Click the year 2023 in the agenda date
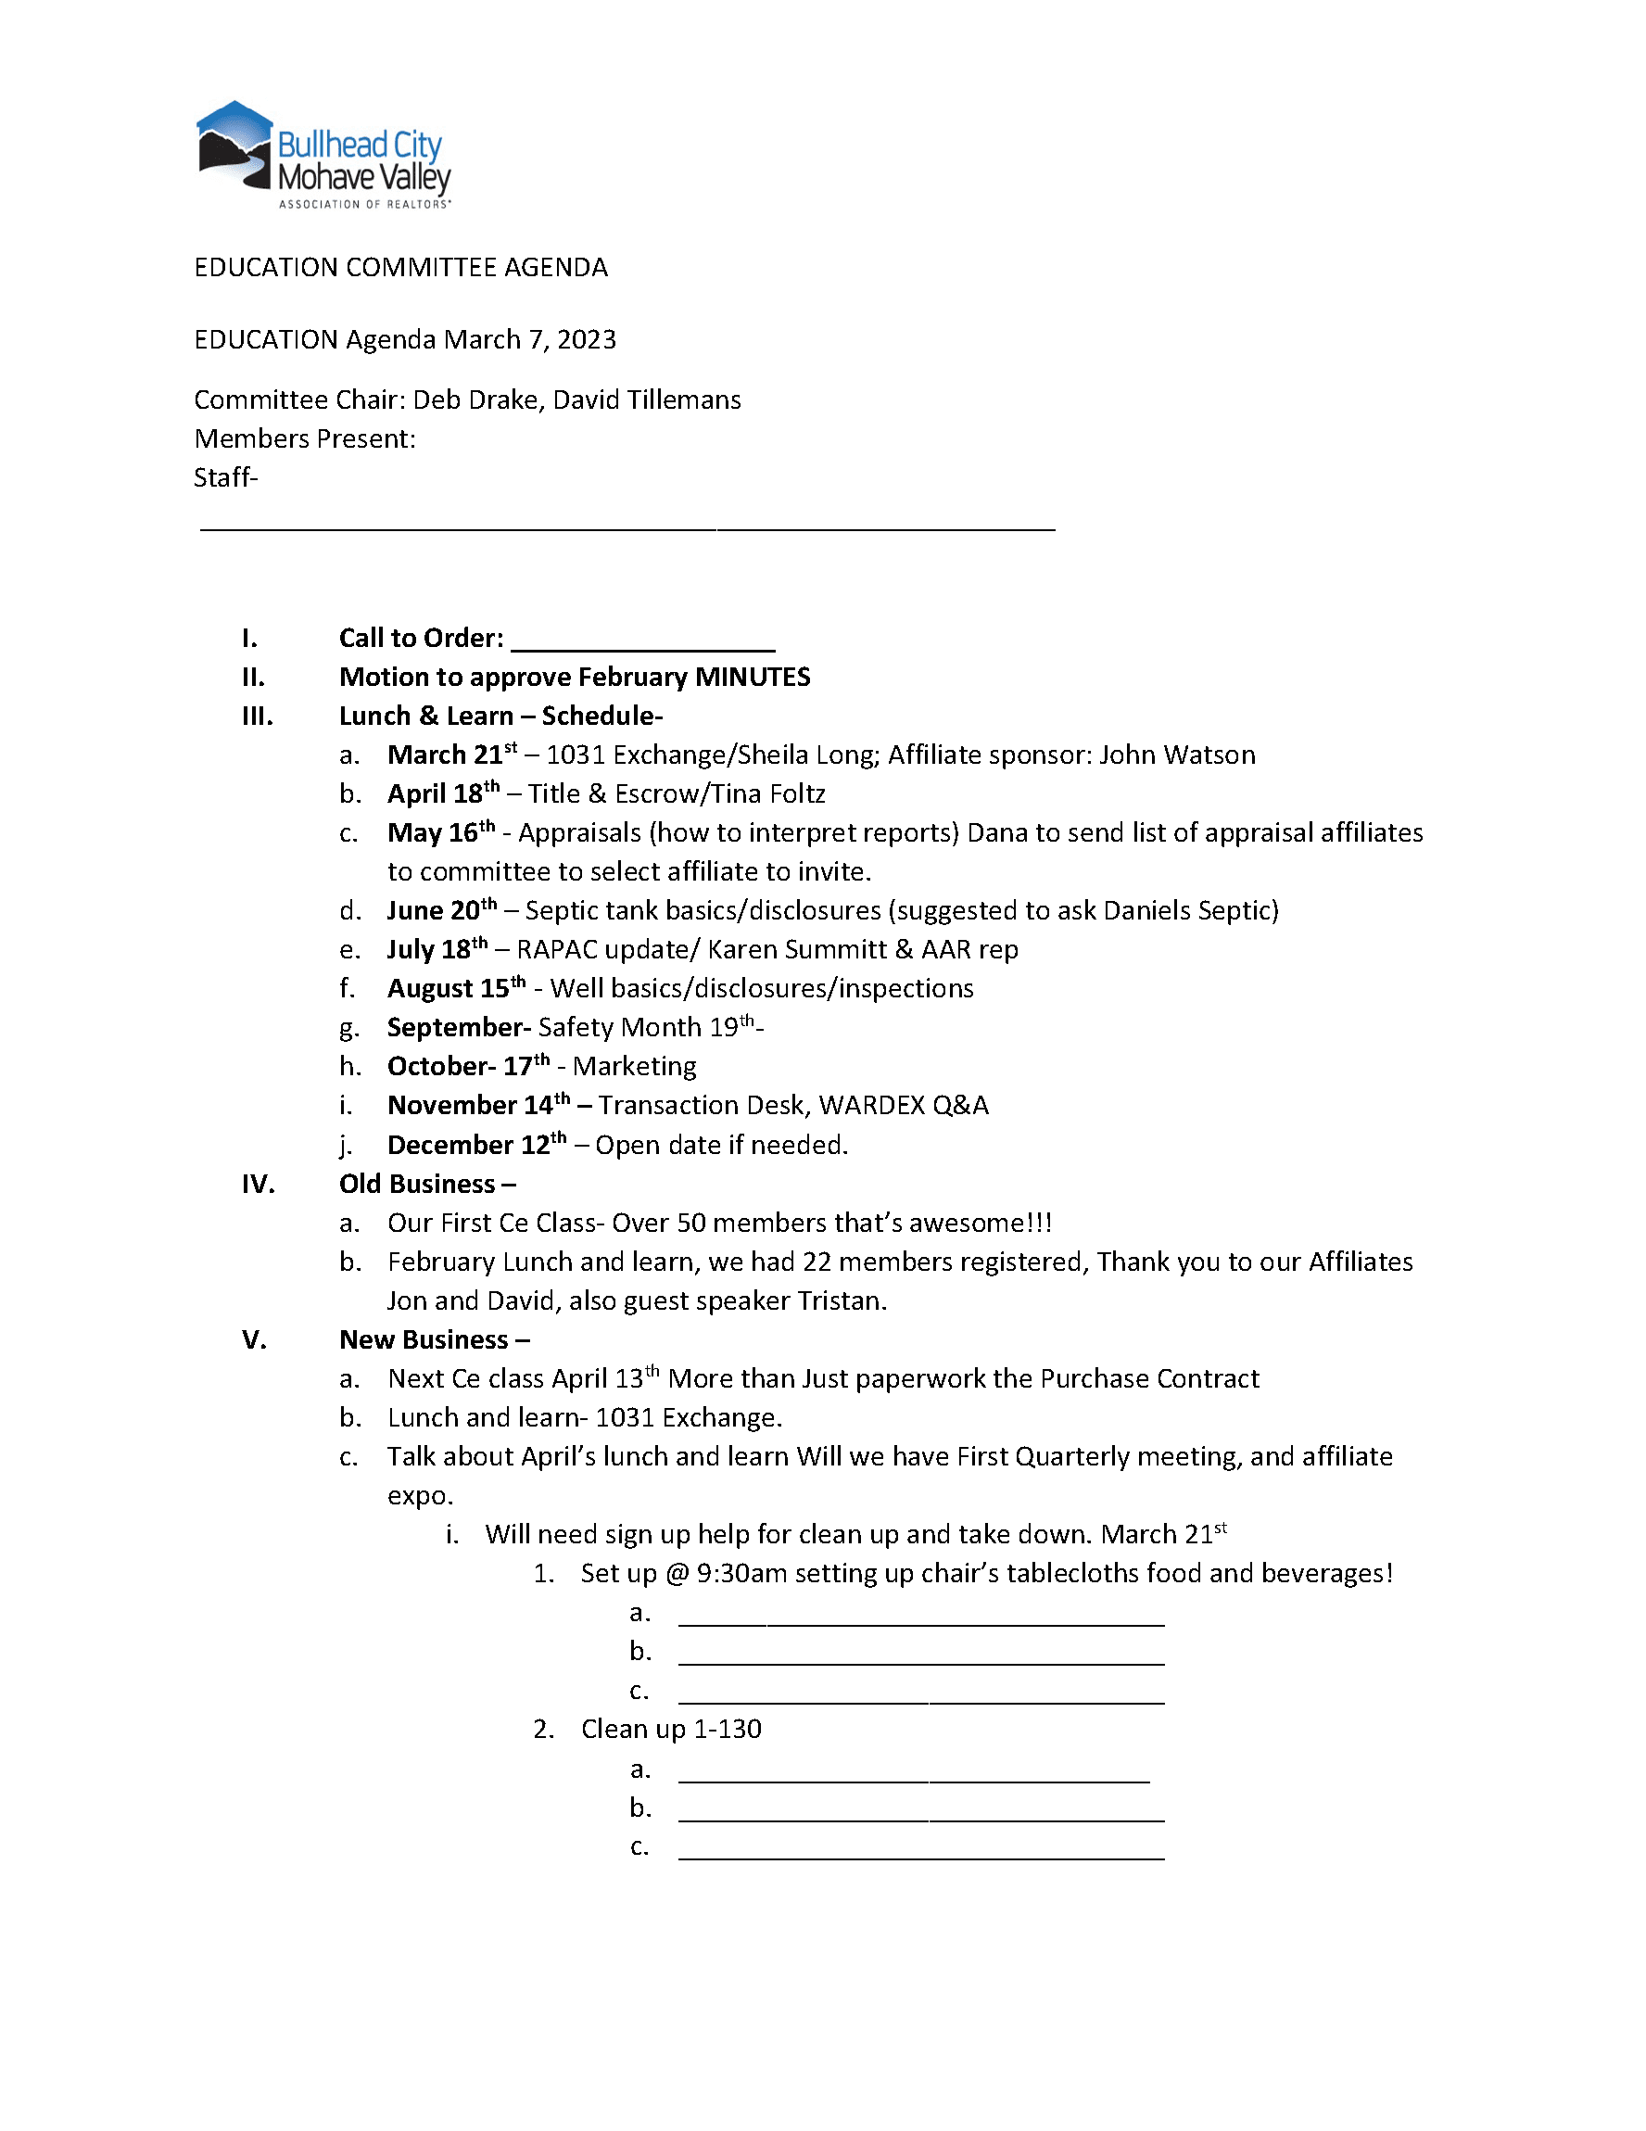(587, 339)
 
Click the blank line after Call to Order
(643, 641)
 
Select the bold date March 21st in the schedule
(451, 755)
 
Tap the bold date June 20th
(441, 910)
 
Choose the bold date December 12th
(476, 1145)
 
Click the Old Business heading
(426, 1184)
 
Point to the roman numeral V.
(255, 1339)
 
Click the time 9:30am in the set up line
(741, 1574)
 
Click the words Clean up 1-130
(670, 1729)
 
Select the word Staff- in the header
(225, 478)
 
